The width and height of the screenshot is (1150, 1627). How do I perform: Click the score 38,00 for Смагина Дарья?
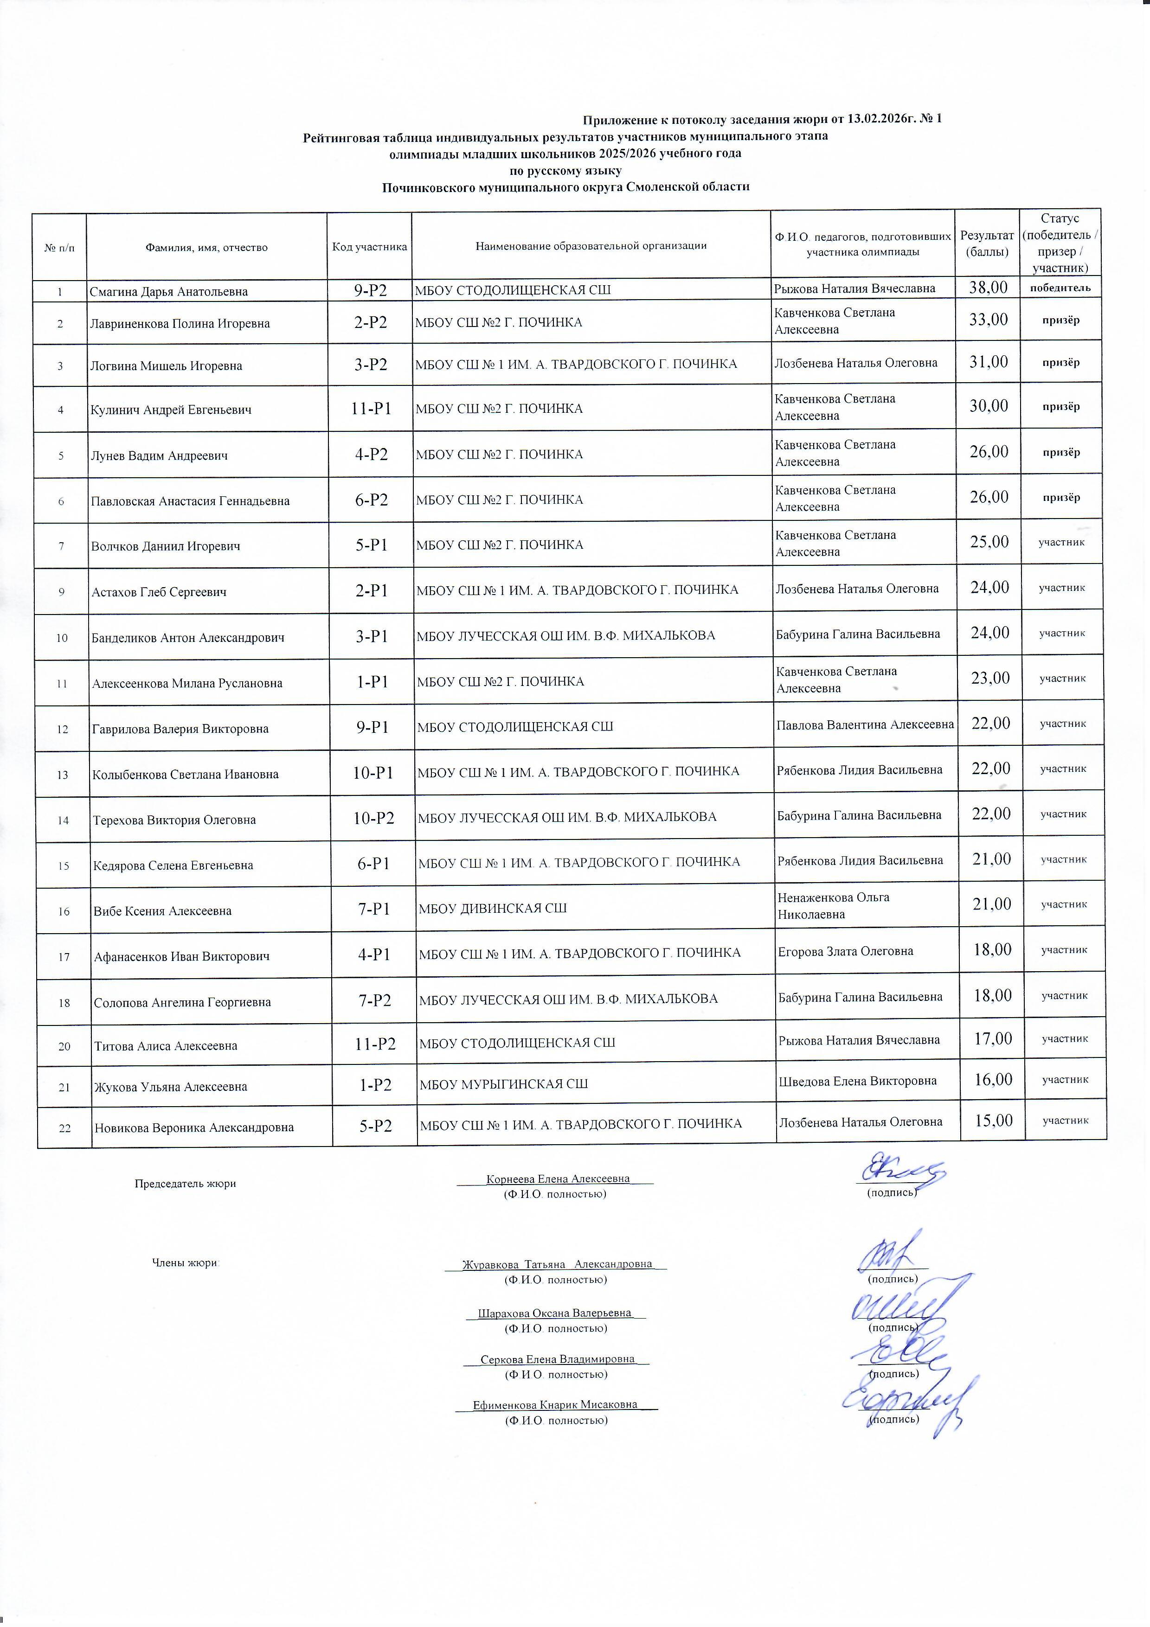(987, 287)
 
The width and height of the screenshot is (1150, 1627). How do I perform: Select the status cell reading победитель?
(1060, 287)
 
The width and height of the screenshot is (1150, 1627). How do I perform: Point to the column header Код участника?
(369, 247)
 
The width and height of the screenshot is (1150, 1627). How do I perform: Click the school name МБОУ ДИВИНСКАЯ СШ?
(493, 908)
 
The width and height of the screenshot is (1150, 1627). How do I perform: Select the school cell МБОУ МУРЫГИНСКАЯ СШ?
(503, 1083)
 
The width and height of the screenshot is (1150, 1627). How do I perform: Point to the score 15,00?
(993, 1121)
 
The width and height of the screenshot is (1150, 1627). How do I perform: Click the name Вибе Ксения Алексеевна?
(162, 910)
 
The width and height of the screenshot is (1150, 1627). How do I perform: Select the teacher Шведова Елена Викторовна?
(857, 1081)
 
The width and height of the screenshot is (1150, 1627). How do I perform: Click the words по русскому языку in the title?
(565, 171)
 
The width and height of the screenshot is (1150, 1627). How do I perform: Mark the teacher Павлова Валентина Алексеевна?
(864, 724)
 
